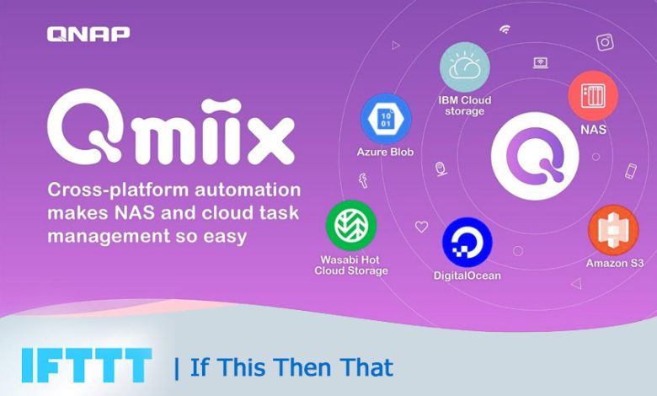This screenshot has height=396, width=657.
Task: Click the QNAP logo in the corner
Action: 88,35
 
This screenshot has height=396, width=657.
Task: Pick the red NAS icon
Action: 593,95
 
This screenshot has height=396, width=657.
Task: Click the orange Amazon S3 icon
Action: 613,229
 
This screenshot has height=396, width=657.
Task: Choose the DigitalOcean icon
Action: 467,242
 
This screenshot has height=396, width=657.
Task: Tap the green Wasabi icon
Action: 350,225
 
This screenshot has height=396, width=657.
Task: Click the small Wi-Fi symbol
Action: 505,29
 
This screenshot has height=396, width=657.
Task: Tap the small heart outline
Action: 421,227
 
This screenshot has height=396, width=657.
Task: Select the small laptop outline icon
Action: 540,62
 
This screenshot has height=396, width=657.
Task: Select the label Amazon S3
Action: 615,263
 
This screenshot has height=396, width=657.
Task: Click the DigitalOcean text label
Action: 467,275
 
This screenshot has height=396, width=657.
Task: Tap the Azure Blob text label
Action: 385,153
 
